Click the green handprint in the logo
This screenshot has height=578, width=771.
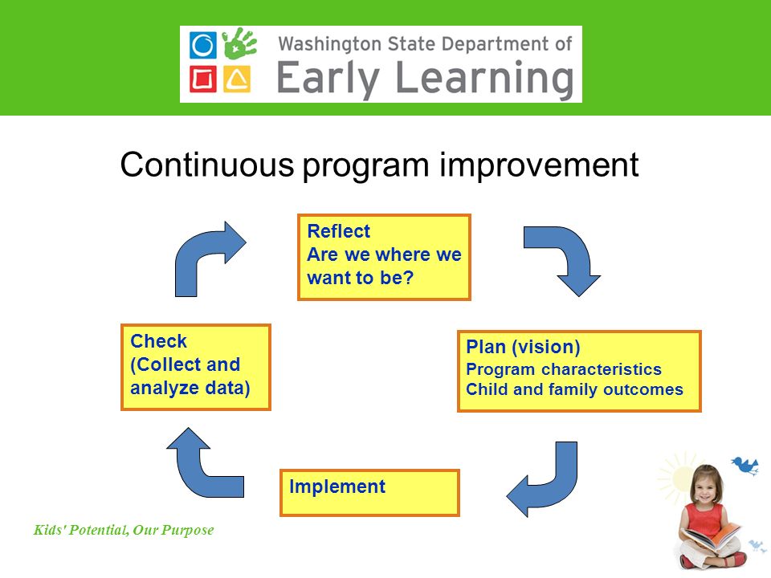pyautogui.click(x=239, y=44)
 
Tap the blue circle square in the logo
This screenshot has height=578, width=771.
pyautogui.click(x=202, y=45)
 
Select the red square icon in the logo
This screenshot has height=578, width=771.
pyautogui.click(x=202, y=79)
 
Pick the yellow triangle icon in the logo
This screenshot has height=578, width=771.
pyautogui.click(x=237, y=79)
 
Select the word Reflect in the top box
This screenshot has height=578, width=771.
pyautogui.click(x=338, y=231)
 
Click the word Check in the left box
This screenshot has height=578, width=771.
pyautogui.click(x=158, y=341)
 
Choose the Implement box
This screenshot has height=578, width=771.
pyautogui.click(x=369, y=492)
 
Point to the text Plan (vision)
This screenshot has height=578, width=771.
pyautogui.click(x=523, y=347)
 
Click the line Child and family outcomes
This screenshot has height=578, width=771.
pyautogui.click(x=574, y=389)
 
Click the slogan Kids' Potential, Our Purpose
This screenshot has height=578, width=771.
pyautogui.click(x=124, y=530)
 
